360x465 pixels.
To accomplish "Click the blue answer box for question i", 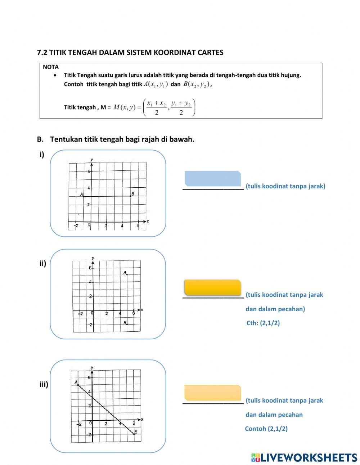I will [212, 179].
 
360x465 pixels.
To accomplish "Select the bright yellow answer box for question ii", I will [212, 287].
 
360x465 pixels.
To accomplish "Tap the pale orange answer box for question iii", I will [212, 393].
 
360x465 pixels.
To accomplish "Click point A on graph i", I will [84, 196].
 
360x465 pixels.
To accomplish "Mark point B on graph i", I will [130, 196].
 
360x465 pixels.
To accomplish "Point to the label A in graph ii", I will [125, 273].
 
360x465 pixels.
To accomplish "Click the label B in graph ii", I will [125, 323].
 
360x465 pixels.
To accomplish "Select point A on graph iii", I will [78, 385].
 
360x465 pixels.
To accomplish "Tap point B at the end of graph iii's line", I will [134, 434].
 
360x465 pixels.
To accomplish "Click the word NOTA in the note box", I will [50, 67].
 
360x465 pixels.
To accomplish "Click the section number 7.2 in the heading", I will [42, 53].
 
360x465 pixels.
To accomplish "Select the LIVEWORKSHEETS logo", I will [304, 457].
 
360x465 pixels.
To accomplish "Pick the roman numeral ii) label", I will [43, 264].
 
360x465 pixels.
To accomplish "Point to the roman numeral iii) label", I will [44, 385].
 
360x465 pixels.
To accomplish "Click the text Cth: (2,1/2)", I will [263, 323].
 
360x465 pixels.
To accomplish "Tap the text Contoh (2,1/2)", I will [266, 429].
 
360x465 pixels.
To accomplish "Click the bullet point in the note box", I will [55, 75].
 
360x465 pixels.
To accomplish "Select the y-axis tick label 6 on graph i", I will [89, 171].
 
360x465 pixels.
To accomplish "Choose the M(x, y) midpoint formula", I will [154, 107].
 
